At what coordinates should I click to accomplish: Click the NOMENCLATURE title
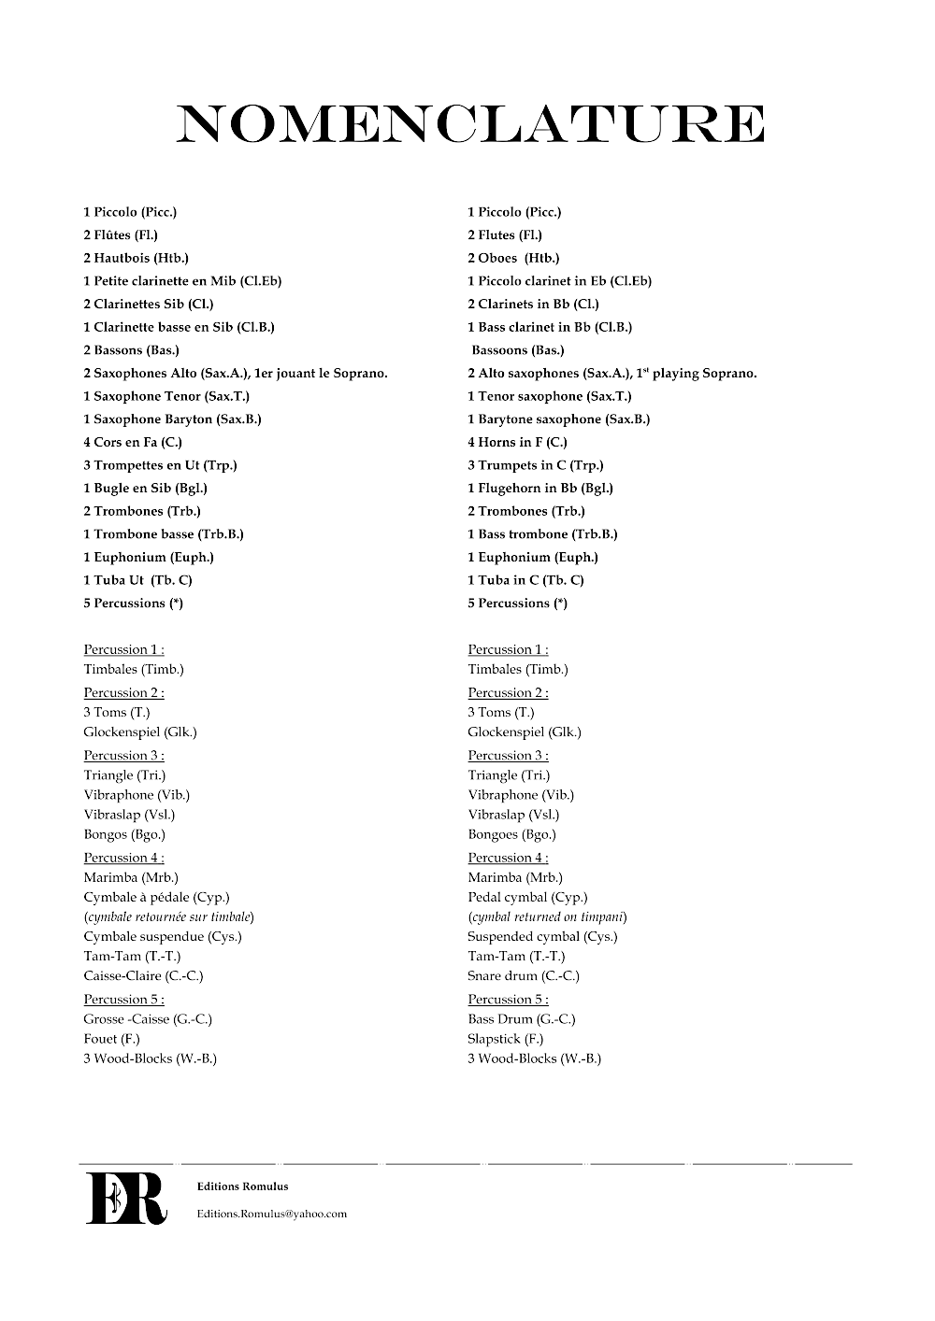[x=470, y=124]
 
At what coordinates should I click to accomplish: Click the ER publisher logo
[x=126, y=1199]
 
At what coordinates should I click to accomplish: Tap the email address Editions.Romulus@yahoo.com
[x=271, y=1214]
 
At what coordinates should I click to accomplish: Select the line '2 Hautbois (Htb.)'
[x=136, y=258]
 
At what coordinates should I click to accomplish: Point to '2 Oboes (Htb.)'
[x=513, y=258]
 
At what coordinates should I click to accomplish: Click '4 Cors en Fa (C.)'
[x=133, y=442]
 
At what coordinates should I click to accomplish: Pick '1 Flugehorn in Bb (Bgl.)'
[x=540, y=488]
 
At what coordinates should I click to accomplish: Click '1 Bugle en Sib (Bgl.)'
[x=145, y=488]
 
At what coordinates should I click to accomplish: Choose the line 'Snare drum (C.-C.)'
[x=524, y=975]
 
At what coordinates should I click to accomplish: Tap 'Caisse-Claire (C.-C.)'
[x=143, y=975]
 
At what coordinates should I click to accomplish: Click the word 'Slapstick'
[x=494, y=1039]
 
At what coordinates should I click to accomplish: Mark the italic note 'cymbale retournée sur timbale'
[x=168, y=916]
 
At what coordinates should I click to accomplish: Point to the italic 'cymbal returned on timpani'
[x=547, y=916]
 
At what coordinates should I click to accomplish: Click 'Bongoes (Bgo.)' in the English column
[x=511, y=834]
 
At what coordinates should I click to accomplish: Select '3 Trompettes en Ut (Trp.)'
[x=160, y=465]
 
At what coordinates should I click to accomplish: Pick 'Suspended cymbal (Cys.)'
[x=542, y=936]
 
